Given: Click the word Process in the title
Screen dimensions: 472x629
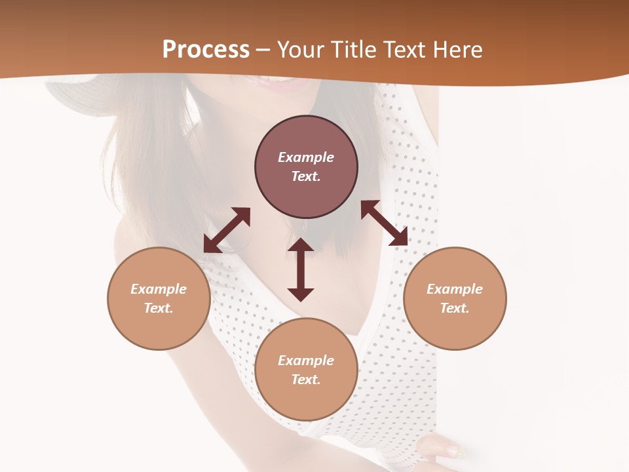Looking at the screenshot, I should pos(206,50).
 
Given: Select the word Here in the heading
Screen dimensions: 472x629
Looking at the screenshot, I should pos(457,50).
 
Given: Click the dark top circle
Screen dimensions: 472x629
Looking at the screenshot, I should pos(306,167).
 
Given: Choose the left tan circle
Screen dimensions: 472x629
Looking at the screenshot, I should pos(159,298).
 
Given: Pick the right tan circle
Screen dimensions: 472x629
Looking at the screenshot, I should pos(455,298).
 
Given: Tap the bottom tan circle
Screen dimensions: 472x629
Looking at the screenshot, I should pos(306,369).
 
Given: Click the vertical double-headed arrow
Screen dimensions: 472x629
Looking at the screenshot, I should pos(301,269).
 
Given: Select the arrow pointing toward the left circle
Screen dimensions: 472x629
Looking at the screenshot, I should pos(227,230).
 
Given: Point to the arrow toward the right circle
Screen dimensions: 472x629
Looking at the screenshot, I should pos(384,223).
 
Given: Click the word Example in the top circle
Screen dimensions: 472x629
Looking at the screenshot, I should pos(306,157).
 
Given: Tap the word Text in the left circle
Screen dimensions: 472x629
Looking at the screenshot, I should pos(159,308).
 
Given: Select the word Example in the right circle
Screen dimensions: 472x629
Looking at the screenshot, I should pos(455,289).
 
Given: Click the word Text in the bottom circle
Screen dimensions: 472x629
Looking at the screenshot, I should pos(306,380).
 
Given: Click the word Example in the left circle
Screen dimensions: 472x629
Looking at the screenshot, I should pos(159,289).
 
